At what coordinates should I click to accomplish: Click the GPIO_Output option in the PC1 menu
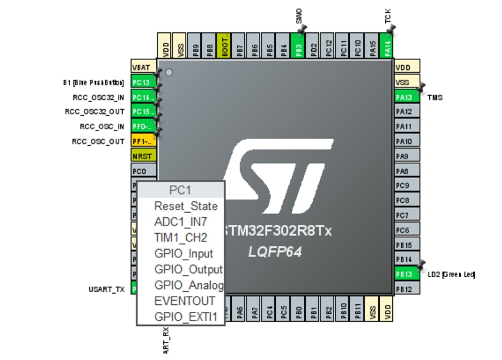pyautogui.click(x=188, y=270)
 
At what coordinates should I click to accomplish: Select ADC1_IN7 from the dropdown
pyautogui.click(x=180, y=222)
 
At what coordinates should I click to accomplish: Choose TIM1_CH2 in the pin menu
pyautogui.click(x=180, y=238)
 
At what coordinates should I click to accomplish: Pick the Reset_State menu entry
pyautogui.click(x=186, y=206)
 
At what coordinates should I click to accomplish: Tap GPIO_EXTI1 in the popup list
pyautogui.click(x=186, y=317)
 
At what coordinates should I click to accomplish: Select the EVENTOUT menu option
pyautogui.click(x=184, y=301)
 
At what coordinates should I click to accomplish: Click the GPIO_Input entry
pyautogui.click(x=183, y=254)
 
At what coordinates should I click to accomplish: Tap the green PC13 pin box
pyautogui.click(x=143, y=82)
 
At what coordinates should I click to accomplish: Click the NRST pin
pyautogui.click(x=143, y=156)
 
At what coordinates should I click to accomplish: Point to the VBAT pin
pyautogui.click(x=143, y=67)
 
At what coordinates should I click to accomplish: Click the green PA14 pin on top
pyautogui.click(x=387, y=45)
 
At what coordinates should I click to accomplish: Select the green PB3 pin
pyautogui.click(x=298, y=45)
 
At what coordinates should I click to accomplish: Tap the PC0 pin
pyautogui.click(x=143, y=171)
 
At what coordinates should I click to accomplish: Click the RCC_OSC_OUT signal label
pyautogui.click(x=98, y=142)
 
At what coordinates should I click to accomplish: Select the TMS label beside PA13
pyautogui.click(x=435, y=97)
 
